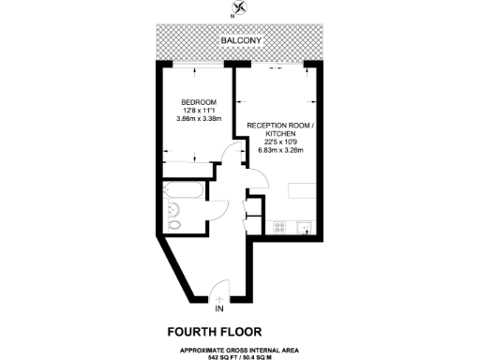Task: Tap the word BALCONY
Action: point(240,42)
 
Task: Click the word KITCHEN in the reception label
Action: point(282,133)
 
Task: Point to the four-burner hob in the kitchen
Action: point(278,227)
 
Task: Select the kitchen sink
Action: point(307,227)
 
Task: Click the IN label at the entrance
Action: point(219,308)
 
